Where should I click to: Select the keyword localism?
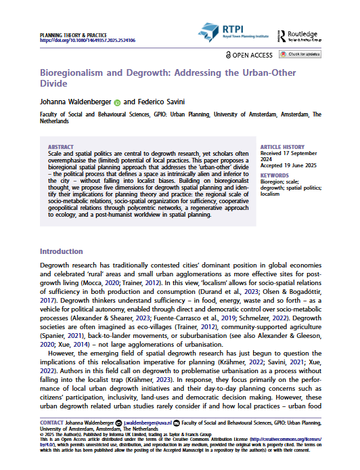270,194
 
